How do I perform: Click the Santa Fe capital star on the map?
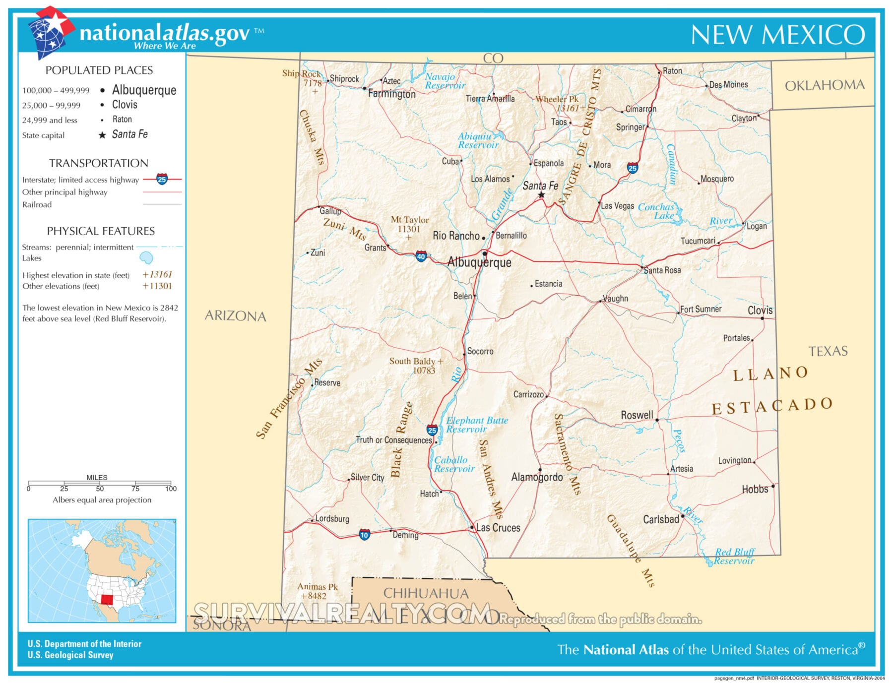pyautogui.click(x=541, y=195)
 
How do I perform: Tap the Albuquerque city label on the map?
pyautogui.click(x=479, y=262)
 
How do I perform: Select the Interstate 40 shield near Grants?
pyautogui.click(x=421, y=256)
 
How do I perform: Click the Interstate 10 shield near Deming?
pyautogui.click(x=364, y=535)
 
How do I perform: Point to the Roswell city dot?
pyautogui.click(x=657, y=420)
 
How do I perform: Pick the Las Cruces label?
pyautogui.click(x=498, y=528)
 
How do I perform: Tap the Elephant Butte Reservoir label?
pyautogui.click(x=476, y=425)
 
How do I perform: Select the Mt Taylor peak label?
pyautogui.click(x=409, y=220)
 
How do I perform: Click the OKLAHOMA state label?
pyautogui.click(x=825, y=85)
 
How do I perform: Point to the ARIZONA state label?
pyautogui.click(x=235, y=316)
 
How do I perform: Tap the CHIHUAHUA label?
pyautogui.click(x=426, y=593)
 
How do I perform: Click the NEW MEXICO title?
pyautogui.click(x=777, y=35)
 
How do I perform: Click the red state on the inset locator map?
pyautogui.click(x=107, y=599)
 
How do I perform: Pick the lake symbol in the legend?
pyautogui.click(x=146, y=257)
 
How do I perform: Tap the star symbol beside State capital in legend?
pyautogui.click(x=102, y=135)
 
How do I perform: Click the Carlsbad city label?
pyautogui.click(x=661, y=519)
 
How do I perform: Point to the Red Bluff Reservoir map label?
pyautogui.click(x=734, y=557)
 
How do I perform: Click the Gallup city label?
pyautogui.click(x=330, y=211)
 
